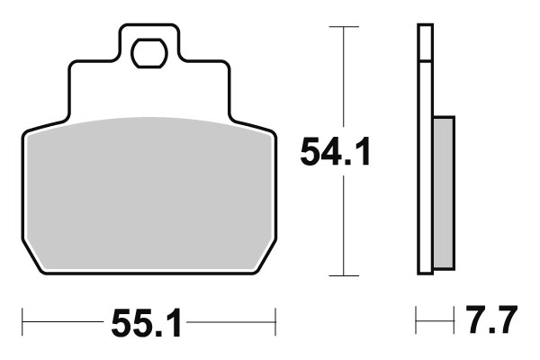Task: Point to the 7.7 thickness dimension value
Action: pos(493,321)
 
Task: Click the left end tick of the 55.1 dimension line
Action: pos(22,319)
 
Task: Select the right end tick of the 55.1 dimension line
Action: pos(274,319)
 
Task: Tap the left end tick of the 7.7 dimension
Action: pos(417,319)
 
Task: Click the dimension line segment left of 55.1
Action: pos(63,319)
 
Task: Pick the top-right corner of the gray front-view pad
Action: pos(267,134)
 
